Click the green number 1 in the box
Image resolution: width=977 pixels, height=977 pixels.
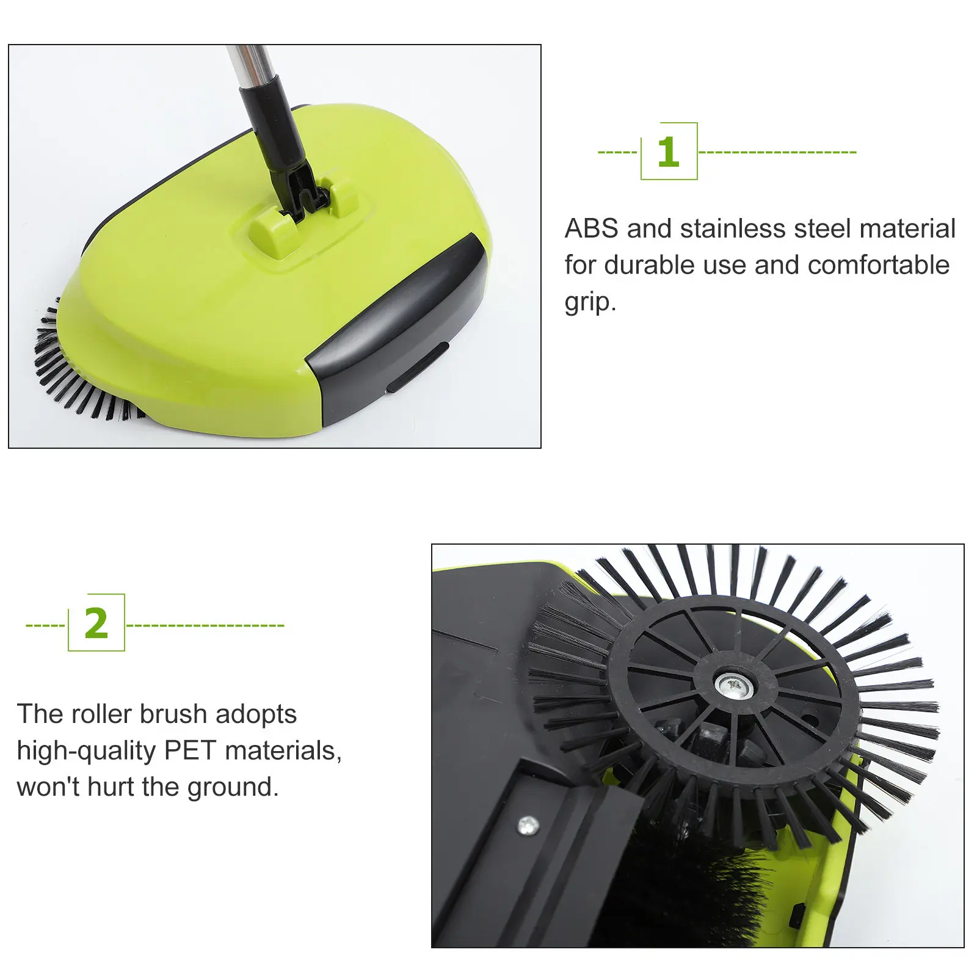coord(668,152)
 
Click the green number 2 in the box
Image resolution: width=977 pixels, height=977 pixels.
coord(96,623)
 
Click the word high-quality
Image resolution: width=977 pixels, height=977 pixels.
coord(86,751)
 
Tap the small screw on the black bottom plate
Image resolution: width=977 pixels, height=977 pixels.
coord(528,826)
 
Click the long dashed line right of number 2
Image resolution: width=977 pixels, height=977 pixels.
coord(205,625)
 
